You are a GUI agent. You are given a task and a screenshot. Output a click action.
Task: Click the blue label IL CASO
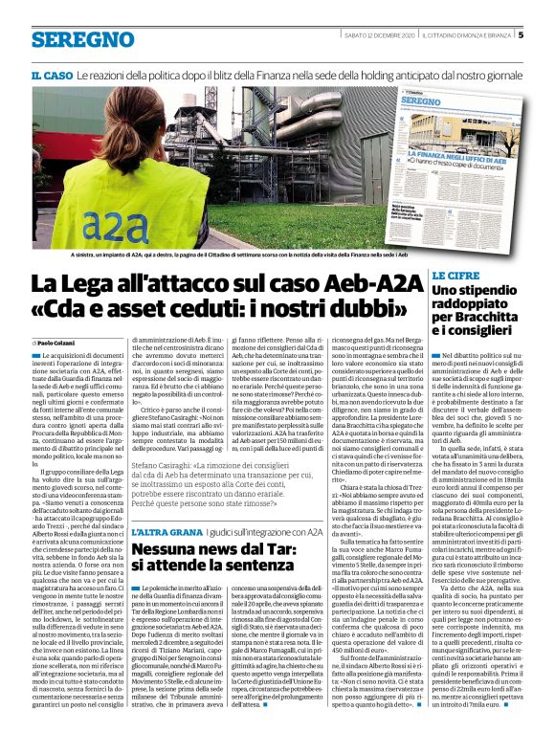[x=52, y=75]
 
